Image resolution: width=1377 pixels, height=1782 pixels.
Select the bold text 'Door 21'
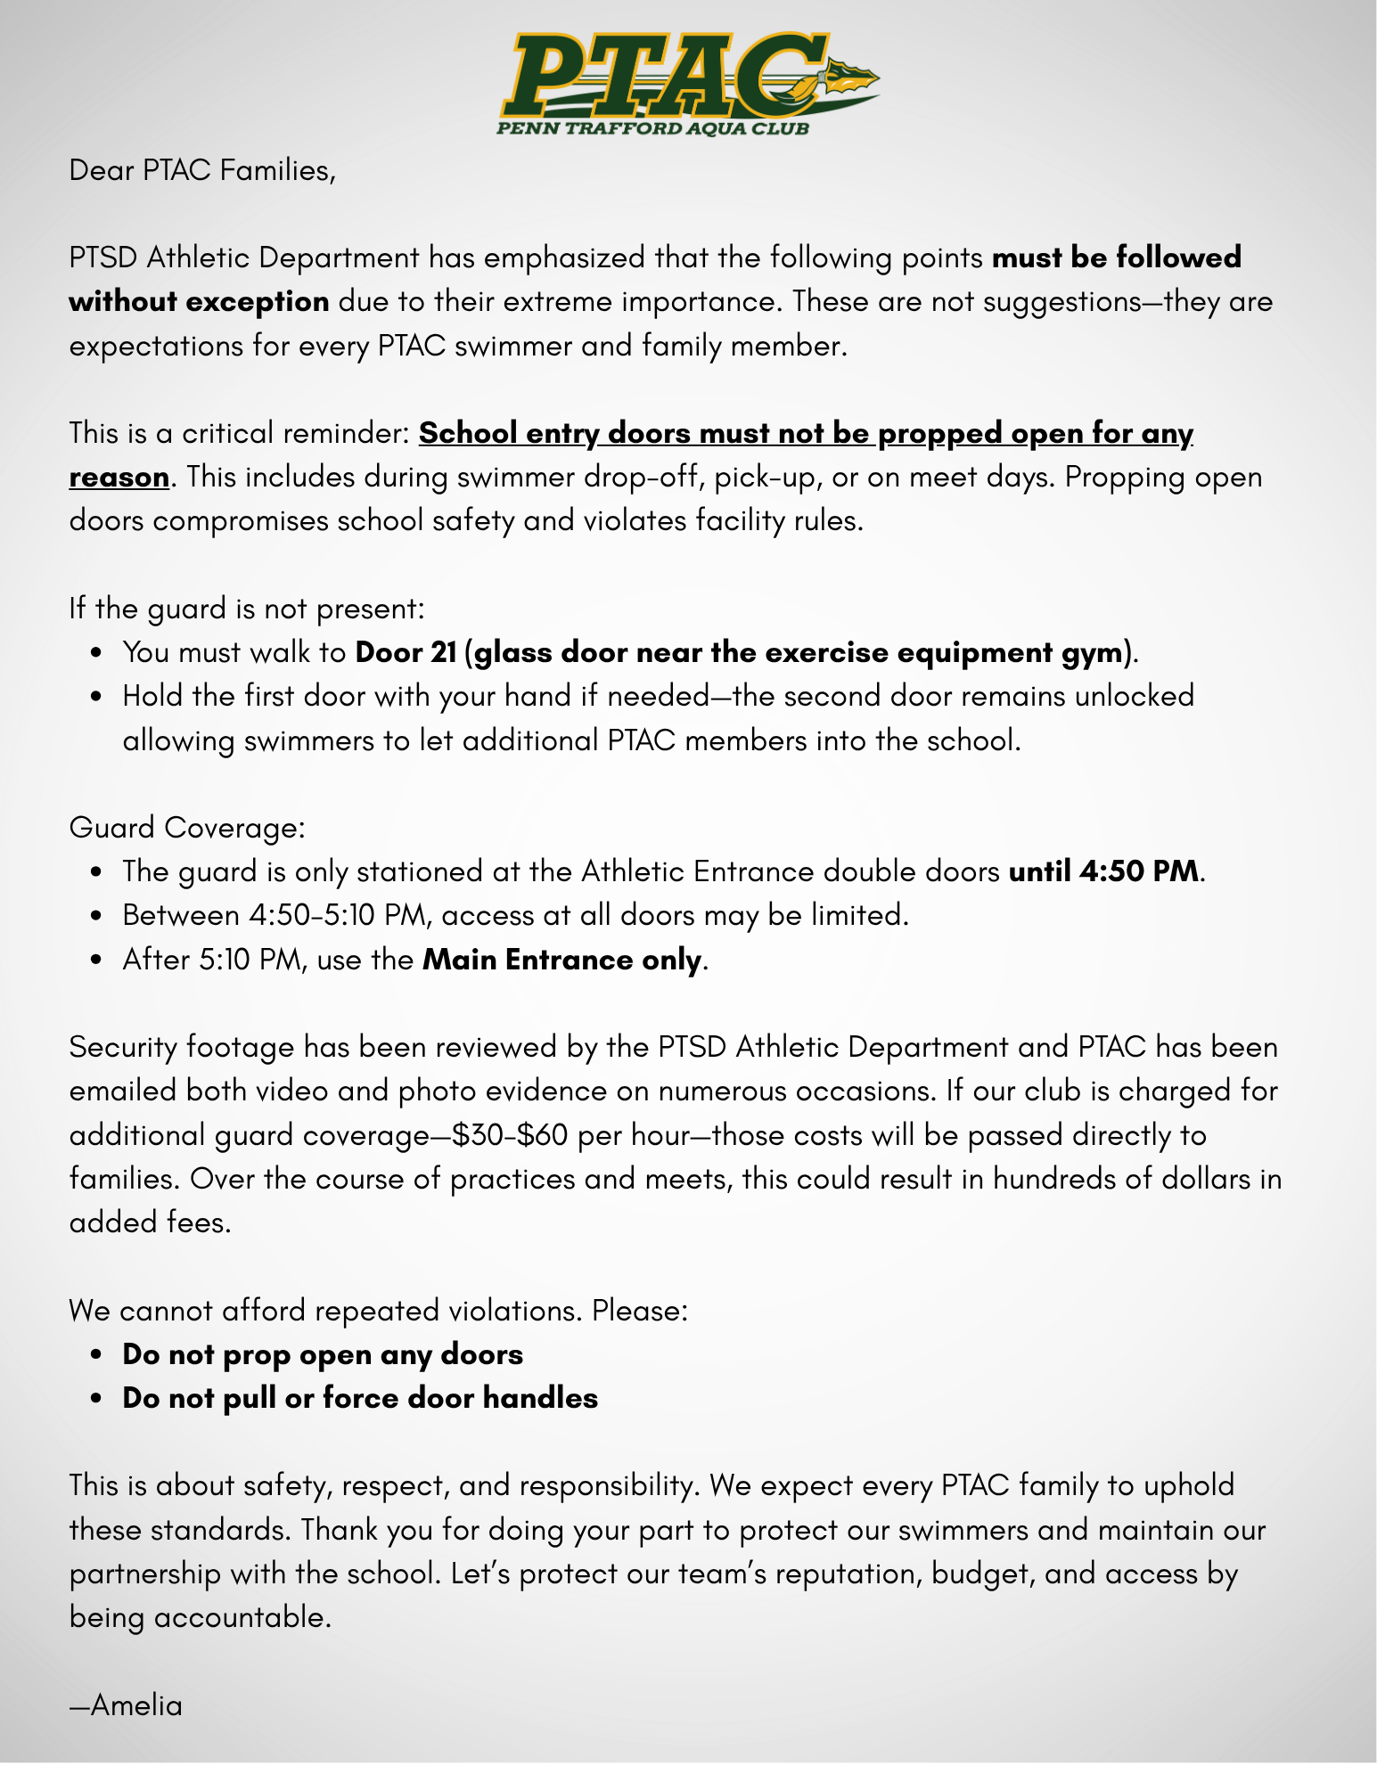pyautogui.click(x=406, y=652)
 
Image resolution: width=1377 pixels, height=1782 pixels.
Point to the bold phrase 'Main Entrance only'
pyautogui.click(x=562, y=960)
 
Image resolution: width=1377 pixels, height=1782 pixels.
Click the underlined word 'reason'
pyautogui.click(x=119, y=478)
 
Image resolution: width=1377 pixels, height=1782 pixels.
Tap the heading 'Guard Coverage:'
pyautogui.click(x=187, y=827)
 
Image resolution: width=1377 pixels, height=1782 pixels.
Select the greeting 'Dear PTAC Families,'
pyautogui.click(x=202, y=169)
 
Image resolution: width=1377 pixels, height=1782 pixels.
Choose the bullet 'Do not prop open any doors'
pyautogui.click(x=323, y=1354)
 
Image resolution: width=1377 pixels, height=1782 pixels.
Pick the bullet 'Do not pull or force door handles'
pyautogui.click(x=360, y=1398)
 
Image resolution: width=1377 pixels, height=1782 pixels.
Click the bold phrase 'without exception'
pyautogui.click(x=199, y=301)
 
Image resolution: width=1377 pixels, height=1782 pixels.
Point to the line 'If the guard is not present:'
pyautogui.click(x=247, y=609)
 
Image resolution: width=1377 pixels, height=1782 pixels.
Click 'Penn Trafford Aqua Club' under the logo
pyautogui.click(x=652, y=129)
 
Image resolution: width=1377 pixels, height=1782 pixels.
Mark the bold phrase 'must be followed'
pyautogui.click(x=1117, y=257)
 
